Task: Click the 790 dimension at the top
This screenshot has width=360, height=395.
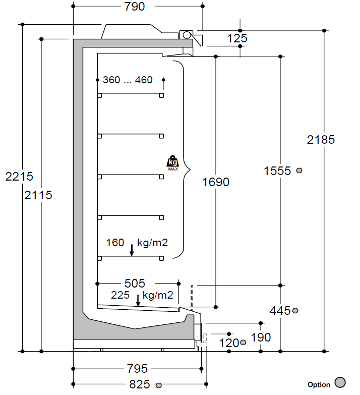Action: point(135,7)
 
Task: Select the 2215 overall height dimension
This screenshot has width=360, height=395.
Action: point(19,177)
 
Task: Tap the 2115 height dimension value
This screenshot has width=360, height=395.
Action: point(38,195)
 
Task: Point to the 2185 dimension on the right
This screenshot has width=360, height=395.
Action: point(321,140)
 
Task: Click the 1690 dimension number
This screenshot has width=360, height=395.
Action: point(216,182)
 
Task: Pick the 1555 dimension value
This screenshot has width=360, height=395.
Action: point(277,171)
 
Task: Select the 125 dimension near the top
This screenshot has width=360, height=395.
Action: point(237,38)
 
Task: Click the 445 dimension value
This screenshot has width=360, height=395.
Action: point(280,311)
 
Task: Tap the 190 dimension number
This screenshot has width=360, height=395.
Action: point(261,337)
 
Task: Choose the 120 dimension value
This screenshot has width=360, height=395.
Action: point(229,343)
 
